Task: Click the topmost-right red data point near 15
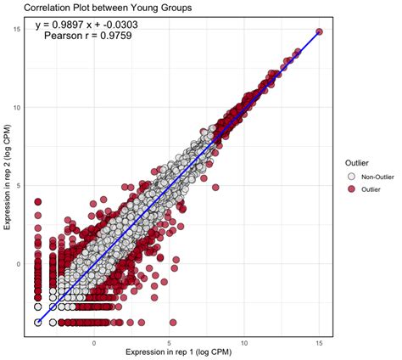[x=319, y=31]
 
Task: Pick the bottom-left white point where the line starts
[x=38, y=323]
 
